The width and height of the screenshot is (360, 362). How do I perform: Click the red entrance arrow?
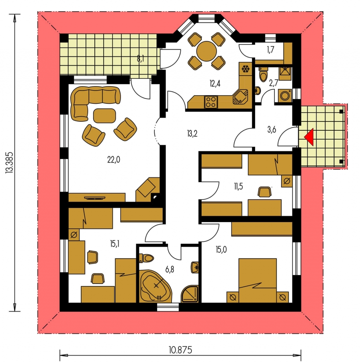click(x=310, y=137)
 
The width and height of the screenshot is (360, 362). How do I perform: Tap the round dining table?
click(x=207, y=51)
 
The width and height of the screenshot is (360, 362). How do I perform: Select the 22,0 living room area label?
click(x=113, y=160)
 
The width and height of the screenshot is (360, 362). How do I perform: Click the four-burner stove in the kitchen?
click(x=211, y=102)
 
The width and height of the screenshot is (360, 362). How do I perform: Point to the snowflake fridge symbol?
click(x=245, y=69)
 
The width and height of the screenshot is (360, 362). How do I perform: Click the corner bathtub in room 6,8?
click(x=156, y=286)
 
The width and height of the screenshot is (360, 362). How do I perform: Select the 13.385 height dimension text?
click(x=10, y=162)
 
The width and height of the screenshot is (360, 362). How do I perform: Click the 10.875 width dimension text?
click(x=180, y=350)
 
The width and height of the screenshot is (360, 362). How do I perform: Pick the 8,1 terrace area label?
click(x=141, y=59)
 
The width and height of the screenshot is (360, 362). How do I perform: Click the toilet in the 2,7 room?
click(x=263, y=74)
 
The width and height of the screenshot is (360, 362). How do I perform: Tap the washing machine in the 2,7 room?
click(x=285, y=96)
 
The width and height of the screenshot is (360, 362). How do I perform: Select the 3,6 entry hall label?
click(x=272, y=130)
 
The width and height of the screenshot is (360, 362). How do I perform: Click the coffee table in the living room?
click(x=104, y=115)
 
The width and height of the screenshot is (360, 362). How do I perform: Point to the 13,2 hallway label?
click(x=192, y=134)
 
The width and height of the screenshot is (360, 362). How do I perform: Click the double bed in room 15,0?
click(x=258, y=280)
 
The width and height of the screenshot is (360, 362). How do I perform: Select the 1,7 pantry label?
click(x=270, y=49)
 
